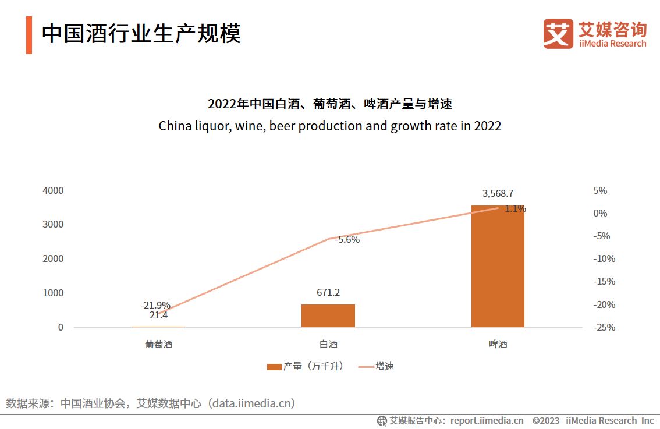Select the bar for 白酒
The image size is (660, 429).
coord(328,315)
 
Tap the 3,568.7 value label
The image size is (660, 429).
coord(498,194)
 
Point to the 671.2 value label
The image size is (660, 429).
coord(328,292)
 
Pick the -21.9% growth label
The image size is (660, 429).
coord(155,305)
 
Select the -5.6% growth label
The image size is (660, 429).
coord(347,239)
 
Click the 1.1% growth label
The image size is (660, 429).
coord(515,208)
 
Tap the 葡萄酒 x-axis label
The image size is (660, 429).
coord(159,344)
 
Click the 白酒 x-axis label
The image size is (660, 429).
coord(328,344)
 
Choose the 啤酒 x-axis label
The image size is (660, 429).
coord(498,344)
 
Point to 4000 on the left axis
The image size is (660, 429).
coord(53,190)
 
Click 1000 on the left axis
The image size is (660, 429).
coord(53,293)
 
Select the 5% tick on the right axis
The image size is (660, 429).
coord(600,190)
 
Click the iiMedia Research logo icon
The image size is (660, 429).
coord(558,34)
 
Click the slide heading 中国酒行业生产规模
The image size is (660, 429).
coord(141,34)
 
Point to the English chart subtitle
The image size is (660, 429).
coord(329,126)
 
